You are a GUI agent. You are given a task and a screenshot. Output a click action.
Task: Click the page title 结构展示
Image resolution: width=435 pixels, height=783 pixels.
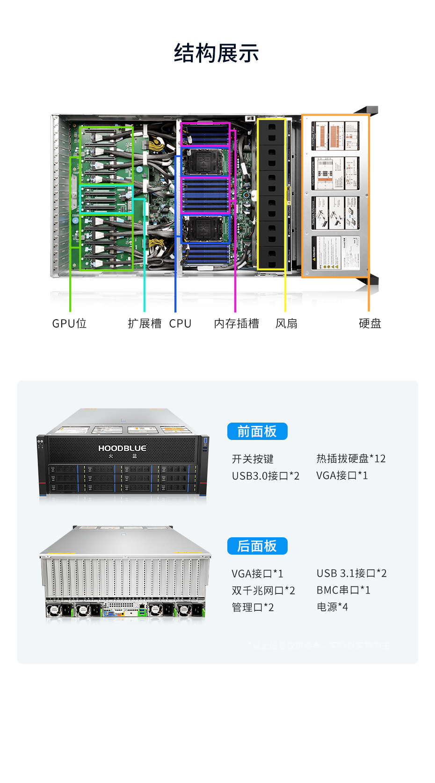pyautogui.click(x=217, y=53)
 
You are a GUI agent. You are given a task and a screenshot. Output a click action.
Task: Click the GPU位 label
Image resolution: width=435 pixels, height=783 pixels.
pyautogui.click(x=69, y=323)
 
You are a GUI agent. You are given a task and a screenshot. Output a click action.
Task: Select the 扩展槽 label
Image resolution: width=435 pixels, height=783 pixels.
pyautogui.click(x=145, y=323)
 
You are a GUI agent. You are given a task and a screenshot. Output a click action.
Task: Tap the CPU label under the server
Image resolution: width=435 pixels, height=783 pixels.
pyautogui.click(x=180, y=323)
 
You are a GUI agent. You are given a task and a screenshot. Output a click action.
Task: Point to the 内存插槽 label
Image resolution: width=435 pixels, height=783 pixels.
pyautogui.click(x=236, y=323)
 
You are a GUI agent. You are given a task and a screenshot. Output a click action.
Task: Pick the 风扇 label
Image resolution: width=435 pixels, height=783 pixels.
pyautogui.click(x=286, y=323)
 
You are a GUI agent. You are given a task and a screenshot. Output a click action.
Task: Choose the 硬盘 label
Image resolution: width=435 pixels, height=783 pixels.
pyautogui.click(x=370, y=323)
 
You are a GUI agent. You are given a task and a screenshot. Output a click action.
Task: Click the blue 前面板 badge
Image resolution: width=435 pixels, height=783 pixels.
pyautogui.click(x=257, y=431)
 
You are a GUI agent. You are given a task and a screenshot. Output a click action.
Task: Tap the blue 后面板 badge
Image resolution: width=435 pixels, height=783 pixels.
pyautogui.click(x=257, y=546)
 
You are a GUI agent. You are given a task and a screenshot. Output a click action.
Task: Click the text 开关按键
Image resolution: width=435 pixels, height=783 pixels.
pyautogui.click(x=253, y=459)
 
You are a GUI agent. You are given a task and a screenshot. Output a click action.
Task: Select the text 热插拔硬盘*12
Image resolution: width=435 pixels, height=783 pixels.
pyautogui.click(x=351, y=458)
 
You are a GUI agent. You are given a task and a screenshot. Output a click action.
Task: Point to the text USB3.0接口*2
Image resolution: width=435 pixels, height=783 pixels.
pyautogui.click(x=266, y=476)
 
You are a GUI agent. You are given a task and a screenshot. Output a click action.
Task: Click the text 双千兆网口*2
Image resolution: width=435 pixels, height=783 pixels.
pyautogui.click(x=263, y=590)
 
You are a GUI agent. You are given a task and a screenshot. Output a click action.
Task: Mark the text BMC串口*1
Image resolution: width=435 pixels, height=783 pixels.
pyautogui.click(x=343, y=590)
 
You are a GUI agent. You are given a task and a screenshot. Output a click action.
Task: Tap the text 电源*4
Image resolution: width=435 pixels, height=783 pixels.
pyautogui.click(x=332, y=607)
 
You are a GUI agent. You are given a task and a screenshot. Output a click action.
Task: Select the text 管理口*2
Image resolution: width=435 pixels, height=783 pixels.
pyautogui.click(x=253, y=607)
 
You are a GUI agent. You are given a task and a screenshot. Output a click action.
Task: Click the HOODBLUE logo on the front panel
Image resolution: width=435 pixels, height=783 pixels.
pyautogui.click(x=122, y=448)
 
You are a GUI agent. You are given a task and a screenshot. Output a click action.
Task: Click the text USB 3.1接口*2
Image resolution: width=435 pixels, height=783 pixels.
pyautogui.click(x=351, y=573)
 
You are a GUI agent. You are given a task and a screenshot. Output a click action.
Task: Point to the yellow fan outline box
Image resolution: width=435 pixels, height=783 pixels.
pyautogui.click(x=271, y=194)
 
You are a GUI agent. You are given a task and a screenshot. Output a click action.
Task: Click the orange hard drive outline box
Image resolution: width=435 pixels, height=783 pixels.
pyautogui.click(x=335, y=196)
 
